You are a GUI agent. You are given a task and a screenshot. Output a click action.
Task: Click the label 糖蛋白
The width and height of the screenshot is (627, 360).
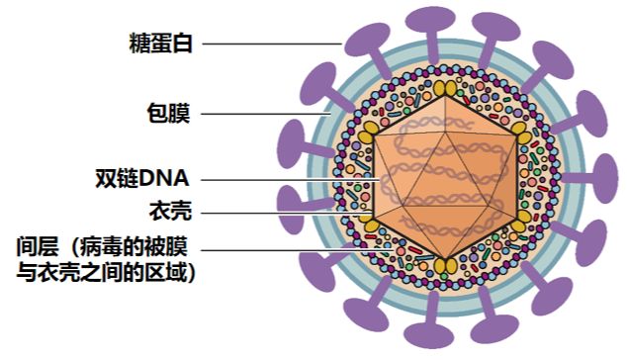[161, 44]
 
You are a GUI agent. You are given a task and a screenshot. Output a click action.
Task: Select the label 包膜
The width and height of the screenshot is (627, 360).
[167, 114]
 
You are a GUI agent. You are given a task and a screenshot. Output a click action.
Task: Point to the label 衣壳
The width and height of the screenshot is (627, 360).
[167, 212]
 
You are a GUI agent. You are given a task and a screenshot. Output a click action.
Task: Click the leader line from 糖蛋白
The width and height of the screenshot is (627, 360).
[272, 44]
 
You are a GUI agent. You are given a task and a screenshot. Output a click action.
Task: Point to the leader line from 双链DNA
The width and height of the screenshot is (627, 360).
[287, 180]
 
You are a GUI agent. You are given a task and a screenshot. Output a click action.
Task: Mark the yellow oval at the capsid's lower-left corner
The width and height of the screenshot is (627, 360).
[371, 225]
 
